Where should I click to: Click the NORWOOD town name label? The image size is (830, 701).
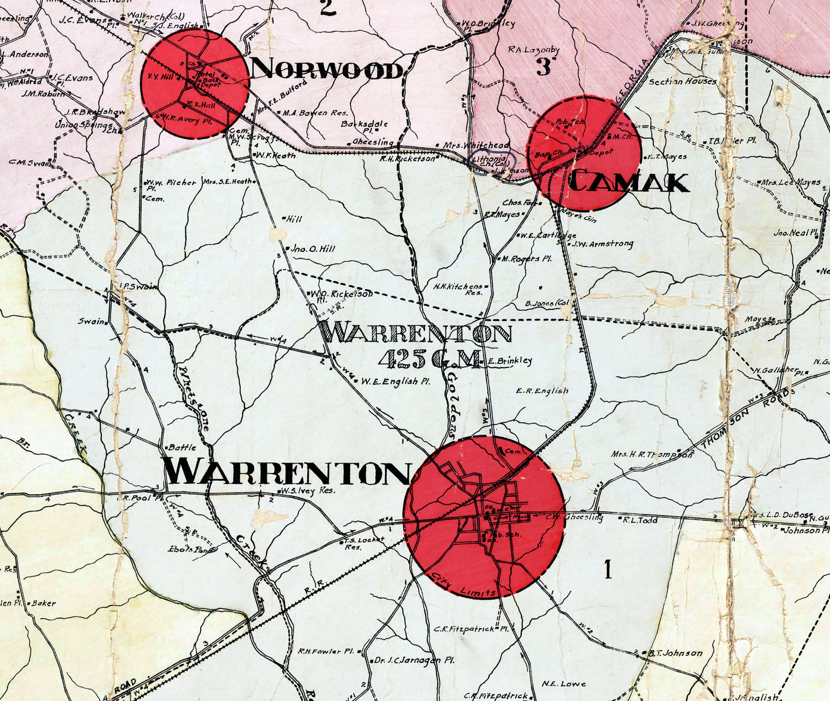tap(326, 70)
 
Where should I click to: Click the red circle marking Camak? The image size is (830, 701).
tap(584, 152)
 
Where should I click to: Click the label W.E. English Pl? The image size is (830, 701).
tap(396, 381)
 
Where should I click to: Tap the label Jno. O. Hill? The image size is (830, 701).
tap(313, 249)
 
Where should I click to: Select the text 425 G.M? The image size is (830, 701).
tap(428, 360)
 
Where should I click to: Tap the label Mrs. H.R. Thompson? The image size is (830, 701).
tap(652, 454)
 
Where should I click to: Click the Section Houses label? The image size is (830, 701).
tap(682, 81)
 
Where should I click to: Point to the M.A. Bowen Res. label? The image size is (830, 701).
tap(315, 113)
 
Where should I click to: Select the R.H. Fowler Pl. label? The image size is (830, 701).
tap(326, 651)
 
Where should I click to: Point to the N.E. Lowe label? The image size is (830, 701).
tap(564, 683)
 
